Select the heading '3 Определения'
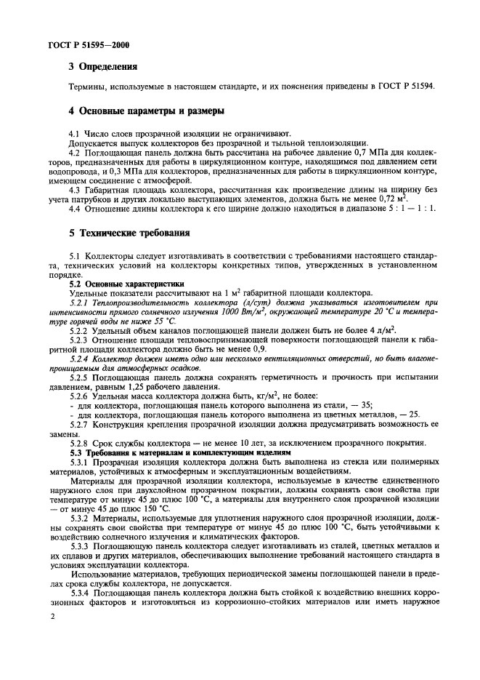(102, 67)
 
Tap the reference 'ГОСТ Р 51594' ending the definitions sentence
(405, 86)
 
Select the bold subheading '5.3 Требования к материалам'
(145, 452)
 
